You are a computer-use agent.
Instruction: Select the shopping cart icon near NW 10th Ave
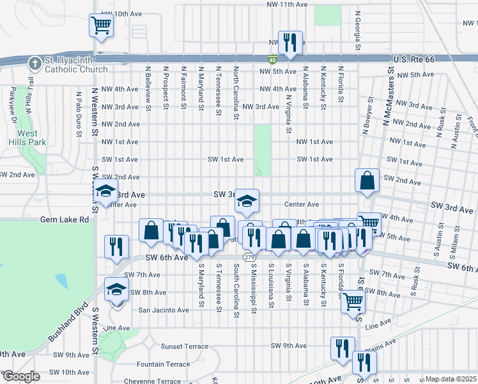[x=101, y=25]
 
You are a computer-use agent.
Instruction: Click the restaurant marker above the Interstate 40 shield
[x=290, y=42]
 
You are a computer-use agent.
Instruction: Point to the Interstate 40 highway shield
[x=272, y=58]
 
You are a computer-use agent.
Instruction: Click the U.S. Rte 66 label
[x=413, y=59]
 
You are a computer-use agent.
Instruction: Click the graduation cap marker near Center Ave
[x=246, y=201]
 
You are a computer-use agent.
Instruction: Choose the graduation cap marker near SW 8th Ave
[x=116, y=290]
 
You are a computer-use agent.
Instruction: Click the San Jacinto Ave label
[x=164, y=310]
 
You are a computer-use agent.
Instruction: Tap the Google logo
[x=21, y=377]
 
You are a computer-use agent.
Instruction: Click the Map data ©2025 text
[x=451, y=379]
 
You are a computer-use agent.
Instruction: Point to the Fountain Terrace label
[x=163, y=364]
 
